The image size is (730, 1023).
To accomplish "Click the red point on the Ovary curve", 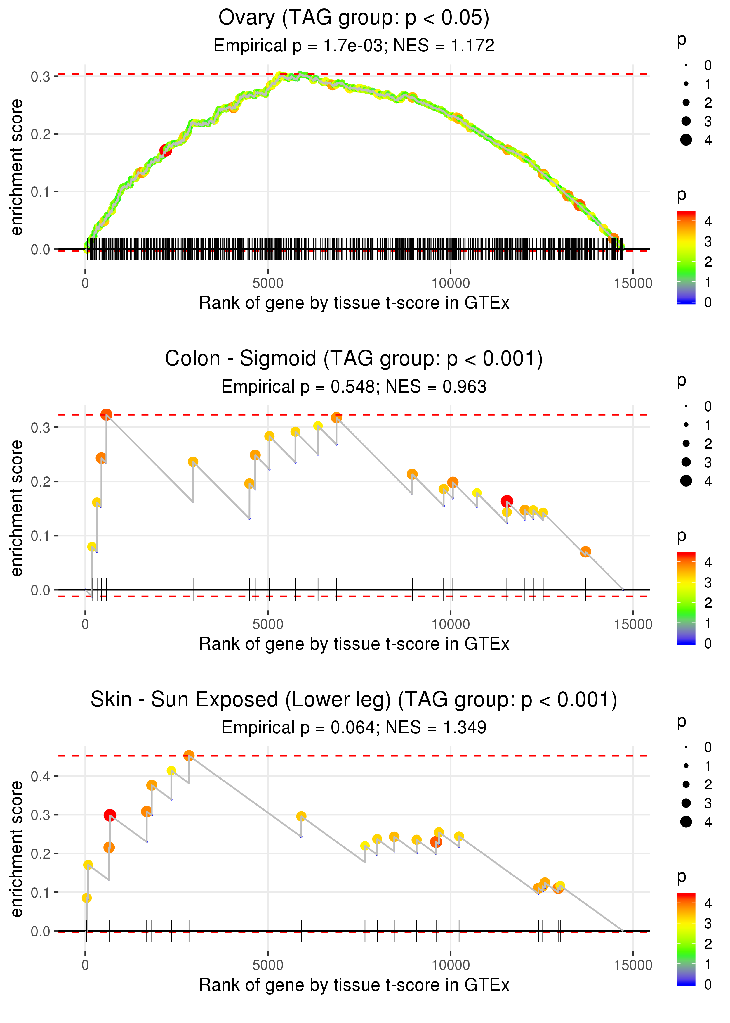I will [166, 150].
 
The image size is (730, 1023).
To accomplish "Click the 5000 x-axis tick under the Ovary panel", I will [268, 284].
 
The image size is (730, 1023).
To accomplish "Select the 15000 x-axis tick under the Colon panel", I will [633, 624].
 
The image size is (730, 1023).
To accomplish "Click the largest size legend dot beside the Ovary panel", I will [686, 140].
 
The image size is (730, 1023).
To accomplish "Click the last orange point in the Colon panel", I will [585, 552].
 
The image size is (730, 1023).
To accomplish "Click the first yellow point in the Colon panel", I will [92, 547].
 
